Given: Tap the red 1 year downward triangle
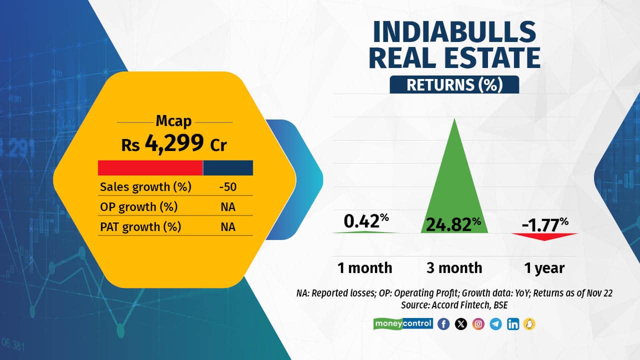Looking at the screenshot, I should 544,236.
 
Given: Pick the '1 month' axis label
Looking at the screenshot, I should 364,268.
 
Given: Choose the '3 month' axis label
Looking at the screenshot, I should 454,268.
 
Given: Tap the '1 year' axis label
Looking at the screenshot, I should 544,268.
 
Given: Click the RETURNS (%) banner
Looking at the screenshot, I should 454,84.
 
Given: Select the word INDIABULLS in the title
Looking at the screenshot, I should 454,32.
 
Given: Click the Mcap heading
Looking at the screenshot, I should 174,122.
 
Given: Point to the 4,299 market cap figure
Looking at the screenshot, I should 174,144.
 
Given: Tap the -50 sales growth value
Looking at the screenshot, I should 227,187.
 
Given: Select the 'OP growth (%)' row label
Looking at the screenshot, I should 138,207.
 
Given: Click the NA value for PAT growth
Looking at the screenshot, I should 227,227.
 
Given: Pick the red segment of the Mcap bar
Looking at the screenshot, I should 150,167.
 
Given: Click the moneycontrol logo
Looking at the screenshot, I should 403,323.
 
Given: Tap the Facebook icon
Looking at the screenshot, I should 443,324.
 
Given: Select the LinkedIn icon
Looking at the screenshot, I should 512,324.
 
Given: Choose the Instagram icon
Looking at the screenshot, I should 478,324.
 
